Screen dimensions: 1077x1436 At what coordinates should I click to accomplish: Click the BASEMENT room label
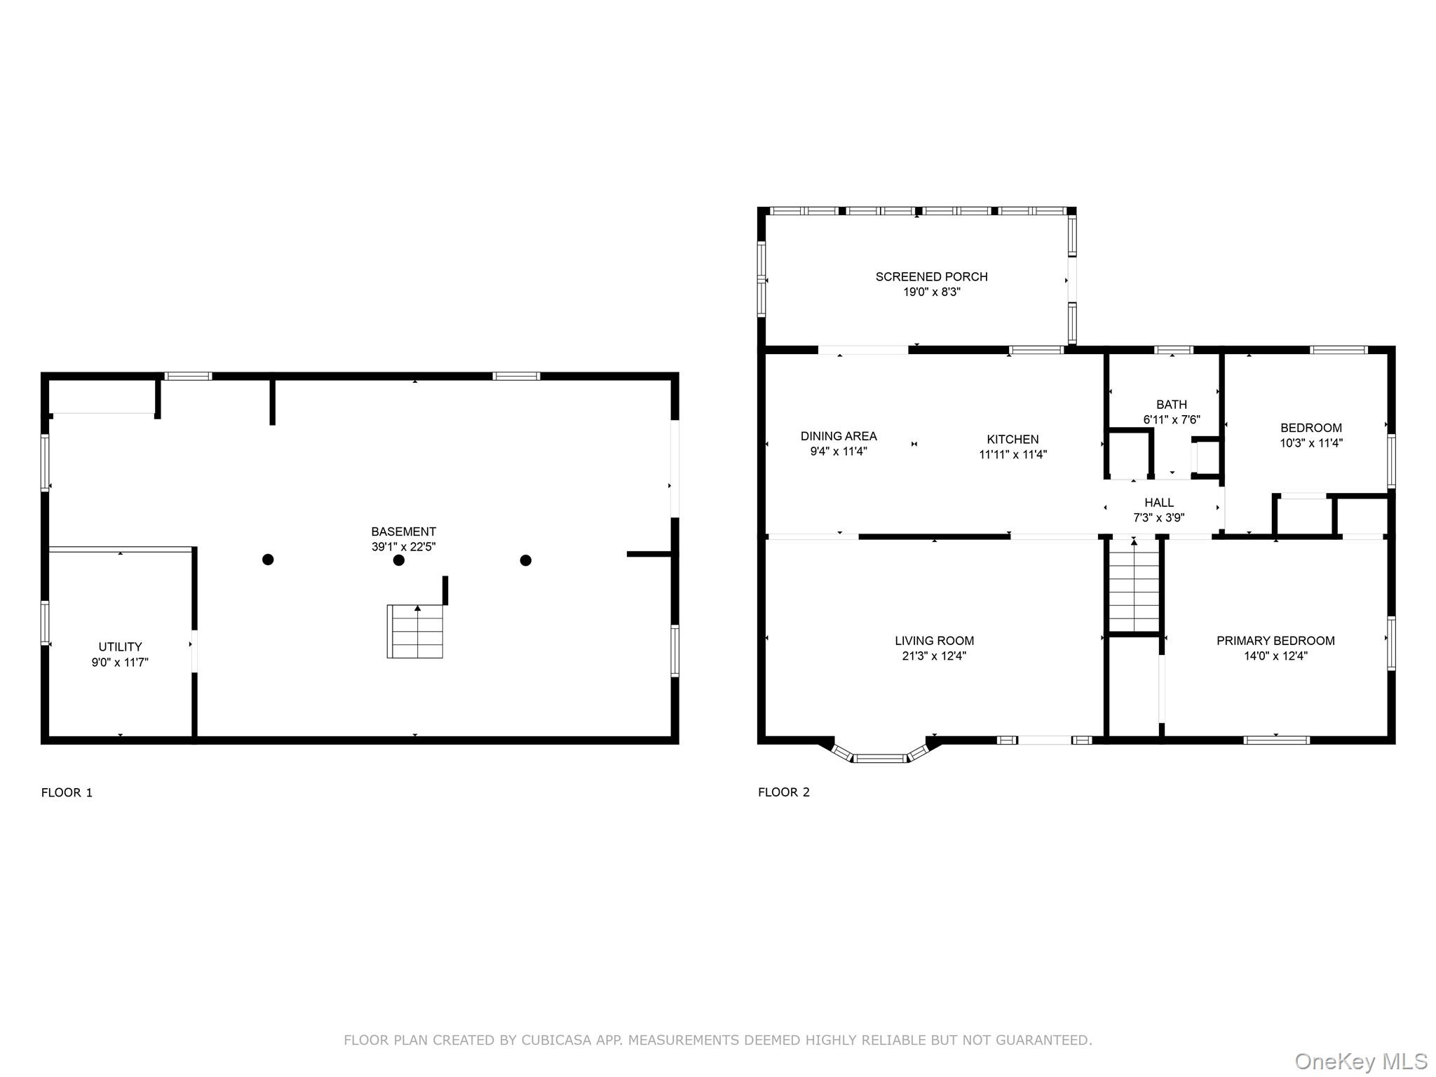pyautogui.click(x=403, y=531)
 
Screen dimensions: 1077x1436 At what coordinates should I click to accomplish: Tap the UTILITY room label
pyautogui.click(x=120, y=646)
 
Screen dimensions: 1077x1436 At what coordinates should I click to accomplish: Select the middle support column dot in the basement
pyautogui.click(x=398, y=560)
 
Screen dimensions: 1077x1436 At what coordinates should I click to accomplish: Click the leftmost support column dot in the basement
pyautogui.click(x=268, y=559)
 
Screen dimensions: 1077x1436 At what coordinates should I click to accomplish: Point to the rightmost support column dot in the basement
pyautogui.click(x=525, y=560)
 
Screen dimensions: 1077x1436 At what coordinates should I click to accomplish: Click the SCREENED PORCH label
pyautogui.click(x=931, y=276)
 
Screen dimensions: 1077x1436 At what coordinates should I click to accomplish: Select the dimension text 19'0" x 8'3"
pyautogui.click(x=931, y=292)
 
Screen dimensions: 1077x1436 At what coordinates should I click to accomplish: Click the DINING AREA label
pyautogui.click(x=839, y=435)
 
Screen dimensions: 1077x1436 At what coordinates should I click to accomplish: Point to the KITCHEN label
pyautogui.click(x=1012, y=439)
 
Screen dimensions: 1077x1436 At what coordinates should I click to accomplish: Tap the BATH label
pyautogui.click(x=1172, y=404)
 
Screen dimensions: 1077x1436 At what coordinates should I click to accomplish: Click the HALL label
pyautogui.click(x=1159, y=502)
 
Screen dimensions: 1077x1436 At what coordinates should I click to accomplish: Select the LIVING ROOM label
pyautogui.click(x=934, y=640)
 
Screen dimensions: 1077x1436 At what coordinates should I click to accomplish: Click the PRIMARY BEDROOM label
pyautogui.click(x=1275, y=640)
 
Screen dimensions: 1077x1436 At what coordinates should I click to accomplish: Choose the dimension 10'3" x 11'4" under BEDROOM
pyautogui.click(x=1310, y=443)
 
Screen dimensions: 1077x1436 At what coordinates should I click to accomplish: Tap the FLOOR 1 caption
pyautogui.click(x=67, y=792)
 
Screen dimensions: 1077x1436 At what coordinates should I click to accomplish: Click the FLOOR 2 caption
pyautogui.click(x=783, y=792)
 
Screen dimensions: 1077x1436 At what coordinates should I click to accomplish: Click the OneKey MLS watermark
pyautogui.click(x=1360, y=1061)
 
